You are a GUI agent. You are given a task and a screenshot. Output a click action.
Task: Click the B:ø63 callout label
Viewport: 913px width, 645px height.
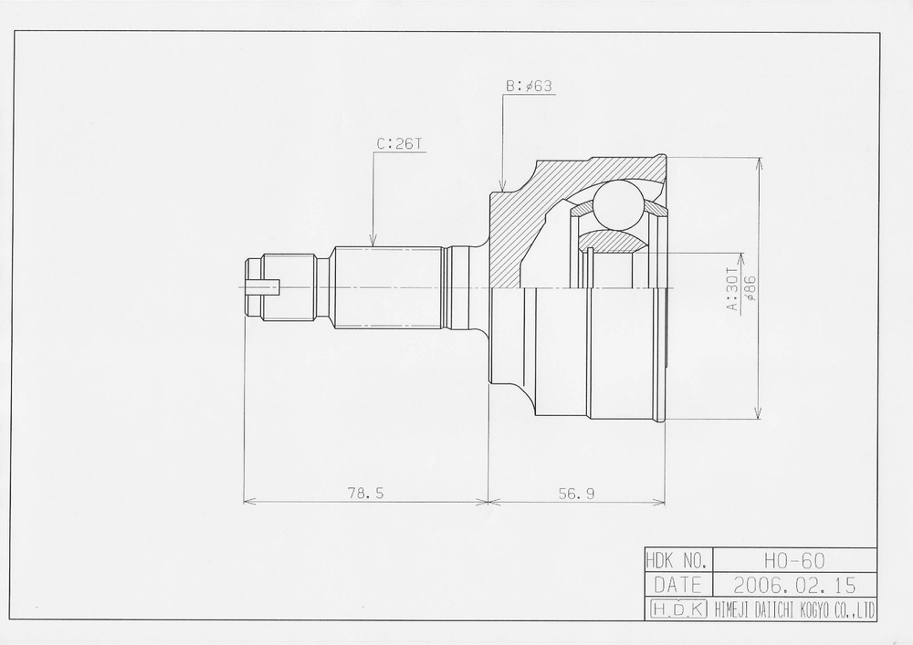pos(529,86)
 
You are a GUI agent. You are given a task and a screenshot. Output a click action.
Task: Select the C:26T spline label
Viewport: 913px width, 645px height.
pos(399,143)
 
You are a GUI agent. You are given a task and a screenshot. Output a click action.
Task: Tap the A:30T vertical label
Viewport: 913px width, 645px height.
pos(732,288)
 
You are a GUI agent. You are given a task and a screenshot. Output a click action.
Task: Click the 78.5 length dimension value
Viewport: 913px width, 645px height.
pos(366,494)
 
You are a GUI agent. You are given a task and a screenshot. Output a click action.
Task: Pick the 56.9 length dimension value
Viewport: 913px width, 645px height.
pos(576,494)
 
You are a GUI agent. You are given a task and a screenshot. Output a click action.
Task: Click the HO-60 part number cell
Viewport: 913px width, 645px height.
pos(795,560)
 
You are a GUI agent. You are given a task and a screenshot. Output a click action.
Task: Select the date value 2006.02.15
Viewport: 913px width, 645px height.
pos(795,585)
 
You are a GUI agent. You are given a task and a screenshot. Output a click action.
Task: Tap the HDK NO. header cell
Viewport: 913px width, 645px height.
pos(678,560)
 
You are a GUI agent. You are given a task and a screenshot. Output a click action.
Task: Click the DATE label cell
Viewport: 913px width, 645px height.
pos(678,585)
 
